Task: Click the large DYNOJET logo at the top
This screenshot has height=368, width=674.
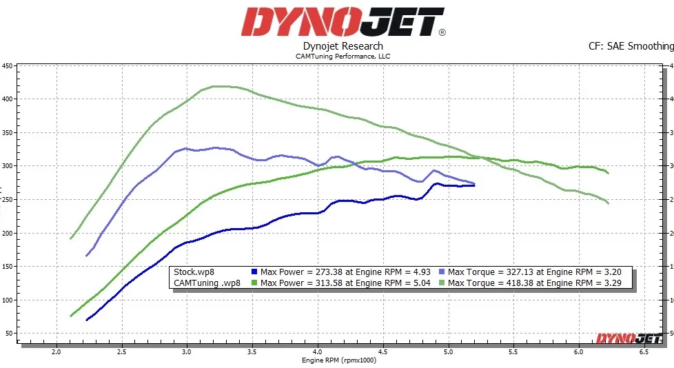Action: [342, 22]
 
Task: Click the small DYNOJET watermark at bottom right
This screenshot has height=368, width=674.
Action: [629, 338]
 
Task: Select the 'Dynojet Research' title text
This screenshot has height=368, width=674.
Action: [343, 46]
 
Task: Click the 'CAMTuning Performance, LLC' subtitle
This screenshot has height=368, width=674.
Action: [343, 56]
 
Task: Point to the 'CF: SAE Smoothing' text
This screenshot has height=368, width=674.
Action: [630, 46]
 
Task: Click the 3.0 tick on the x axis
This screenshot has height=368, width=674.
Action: [186, 351]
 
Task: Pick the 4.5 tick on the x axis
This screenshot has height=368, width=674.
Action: [383, 351]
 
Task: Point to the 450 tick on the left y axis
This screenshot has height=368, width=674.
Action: [8, 66]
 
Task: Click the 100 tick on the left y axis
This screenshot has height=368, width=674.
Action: [8, 300]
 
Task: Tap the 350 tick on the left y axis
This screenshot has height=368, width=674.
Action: [8, 133]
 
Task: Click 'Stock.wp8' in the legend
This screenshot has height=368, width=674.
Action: [194, 272]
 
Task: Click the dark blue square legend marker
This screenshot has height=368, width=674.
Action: [254, 272]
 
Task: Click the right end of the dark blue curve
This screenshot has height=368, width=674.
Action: [474, 185]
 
